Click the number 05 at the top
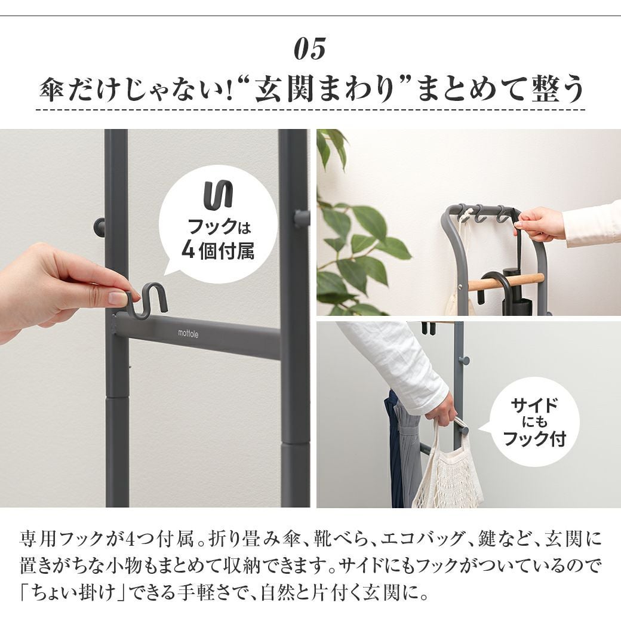pyautogui.click(x=310, y=48)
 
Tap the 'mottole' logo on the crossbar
pyautogui.click(x=188, y=333)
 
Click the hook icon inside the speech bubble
pyautogui.click(x=218, y=194)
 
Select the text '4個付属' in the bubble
pyautogui.click(x=218, y=250)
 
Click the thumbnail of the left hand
pyautogui.click(x=117, y=297)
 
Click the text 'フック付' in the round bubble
pyautogui.click(x=534, y=438)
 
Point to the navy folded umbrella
pyautogui.click(x=394, y=447)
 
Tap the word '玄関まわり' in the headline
pyautogui.click(x=325, y=90)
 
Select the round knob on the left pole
pyautogui.click(x=99, y=226)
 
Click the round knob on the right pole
pyautogui.click(x=302, y=217)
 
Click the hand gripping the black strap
pyautogui.click(x=539, y=225)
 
